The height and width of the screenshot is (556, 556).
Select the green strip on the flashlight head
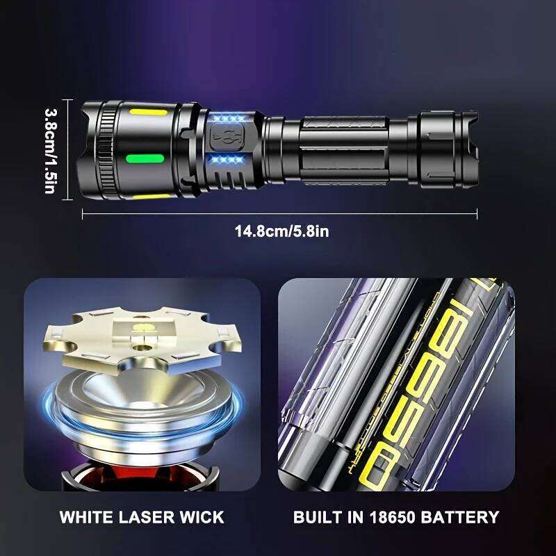[144, 158]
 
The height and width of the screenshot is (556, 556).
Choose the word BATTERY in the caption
[467, 517]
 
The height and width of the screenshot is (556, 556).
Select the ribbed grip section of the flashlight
[344, 149]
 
